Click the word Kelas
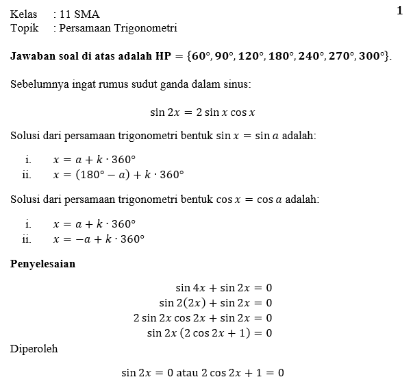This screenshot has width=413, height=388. [x=24, y=14]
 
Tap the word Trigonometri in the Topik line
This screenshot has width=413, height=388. [x=145, y=28]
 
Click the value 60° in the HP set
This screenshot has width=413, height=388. [x=203, y=56]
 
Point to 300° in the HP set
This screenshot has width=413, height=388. [x=373, y=56]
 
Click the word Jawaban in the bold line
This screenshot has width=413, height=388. [x=34, y=56]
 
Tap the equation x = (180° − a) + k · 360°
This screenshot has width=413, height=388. [x=118, y=174]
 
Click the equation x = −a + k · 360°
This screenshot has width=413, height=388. [x=99, y=239]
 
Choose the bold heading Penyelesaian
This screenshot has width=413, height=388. [x=42, y=264]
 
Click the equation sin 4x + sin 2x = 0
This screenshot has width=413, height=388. [x=223, y=288]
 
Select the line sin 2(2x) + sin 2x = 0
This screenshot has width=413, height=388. [x=215, y=302]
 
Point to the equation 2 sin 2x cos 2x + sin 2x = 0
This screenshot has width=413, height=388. [x=203, y=317]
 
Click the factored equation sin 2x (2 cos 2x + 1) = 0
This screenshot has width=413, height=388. [x=210, y=332]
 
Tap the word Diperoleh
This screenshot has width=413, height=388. [x=34, y=349]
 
